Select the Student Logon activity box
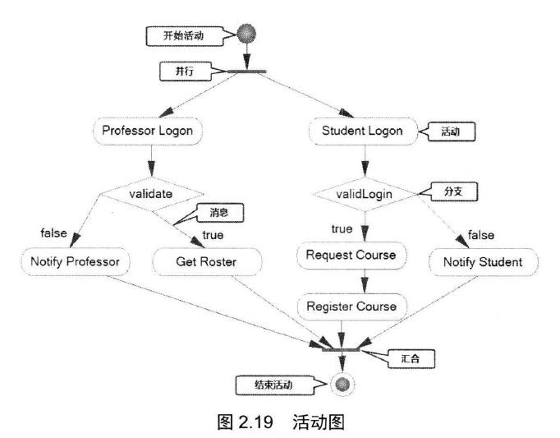361,130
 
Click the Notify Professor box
71,262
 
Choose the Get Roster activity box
207,262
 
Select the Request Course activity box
351,255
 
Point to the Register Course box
351,307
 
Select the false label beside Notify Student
481,236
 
